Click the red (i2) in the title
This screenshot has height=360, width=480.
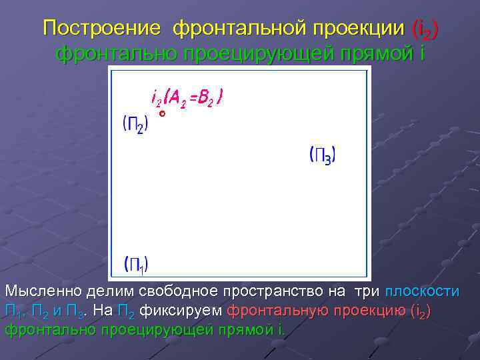click(426, 29)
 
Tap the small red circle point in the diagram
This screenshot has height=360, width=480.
click(162, 115)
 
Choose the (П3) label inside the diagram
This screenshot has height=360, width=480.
click(323, 156)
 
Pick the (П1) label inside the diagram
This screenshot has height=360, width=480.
click(137, 264)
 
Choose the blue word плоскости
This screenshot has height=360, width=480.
click(423, 292)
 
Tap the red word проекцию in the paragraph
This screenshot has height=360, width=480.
click(369, 311)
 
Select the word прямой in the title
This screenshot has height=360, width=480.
click(381, 53)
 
